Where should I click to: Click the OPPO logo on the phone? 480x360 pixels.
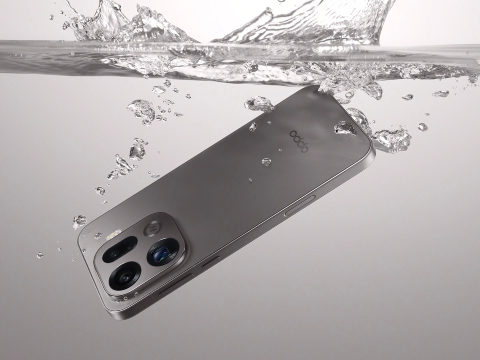click(x=299, y=141)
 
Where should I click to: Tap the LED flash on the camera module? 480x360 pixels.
click(x=114, y=234)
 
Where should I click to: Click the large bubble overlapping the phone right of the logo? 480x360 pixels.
click(x=345, y=128)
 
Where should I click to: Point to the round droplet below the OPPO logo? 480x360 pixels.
click(x=267, y=162)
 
